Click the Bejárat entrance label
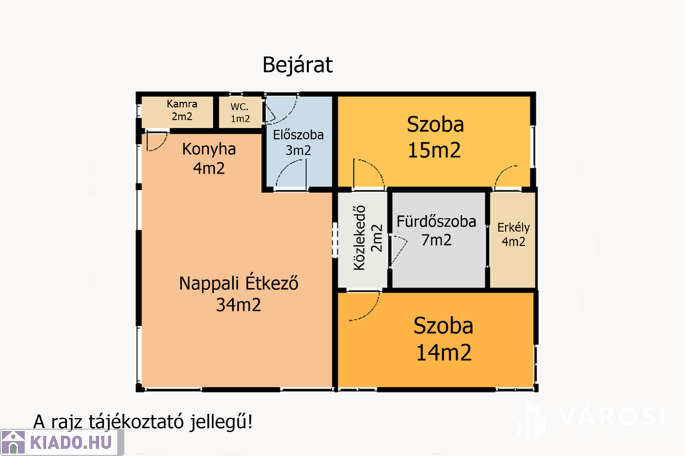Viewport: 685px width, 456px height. click(x=298, y=65)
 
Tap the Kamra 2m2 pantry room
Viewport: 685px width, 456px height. click(x=177, y=112)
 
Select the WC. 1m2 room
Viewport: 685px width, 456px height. click(x=240, y=112)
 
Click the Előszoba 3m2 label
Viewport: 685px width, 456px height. click(x=298, y=142)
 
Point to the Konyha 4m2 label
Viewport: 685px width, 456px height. click(x=209, y=158)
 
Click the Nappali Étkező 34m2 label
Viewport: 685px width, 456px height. click(x=239, y=294)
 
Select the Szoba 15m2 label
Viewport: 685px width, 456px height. click(x=435, y=137)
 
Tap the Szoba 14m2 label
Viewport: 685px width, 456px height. click(x=444, y=339)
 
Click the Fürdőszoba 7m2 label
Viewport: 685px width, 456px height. click(x=436, y=231)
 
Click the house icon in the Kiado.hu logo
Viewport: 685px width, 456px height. click(x=13, y=443)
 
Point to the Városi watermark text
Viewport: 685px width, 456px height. click(x=611, y=417)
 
